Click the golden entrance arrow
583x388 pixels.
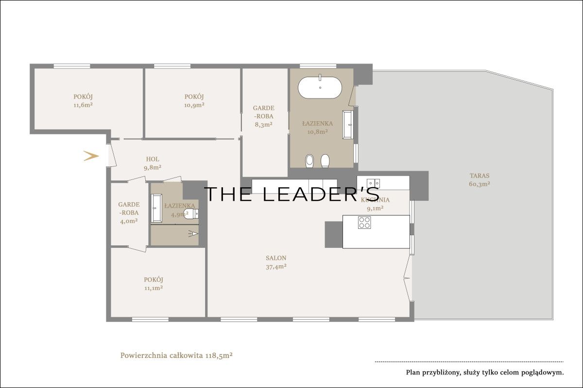[x=92, y=156]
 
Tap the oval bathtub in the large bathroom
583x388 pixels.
[x=320, y=87]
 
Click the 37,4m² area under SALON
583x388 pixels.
[x=276, y=267]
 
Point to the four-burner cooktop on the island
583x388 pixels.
[x=364, y=223]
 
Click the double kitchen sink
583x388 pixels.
[x=373, y=183]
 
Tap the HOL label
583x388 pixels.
[x=153, y=159]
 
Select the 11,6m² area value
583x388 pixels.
[x=83, y=105]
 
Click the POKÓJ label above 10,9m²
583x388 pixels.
[x=194, y=97]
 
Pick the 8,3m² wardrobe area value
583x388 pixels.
[x=264, y=125]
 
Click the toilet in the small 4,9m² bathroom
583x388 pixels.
[x=191, y=213]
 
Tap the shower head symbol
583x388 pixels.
[x=193, y=234]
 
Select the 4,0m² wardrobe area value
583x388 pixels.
[x=129, y=221]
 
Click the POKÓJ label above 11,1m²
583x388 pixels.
[x=154, y=280]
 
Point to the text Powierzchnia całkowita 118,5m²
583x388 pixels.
[x=176, y=355]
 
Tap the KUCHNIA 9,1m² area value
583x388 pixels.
[x=375, y=208]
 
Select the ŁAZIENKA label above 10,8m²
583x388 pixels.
[x=318, y=124]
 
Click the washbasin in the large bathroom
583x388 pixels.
[x=348, y=125]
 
